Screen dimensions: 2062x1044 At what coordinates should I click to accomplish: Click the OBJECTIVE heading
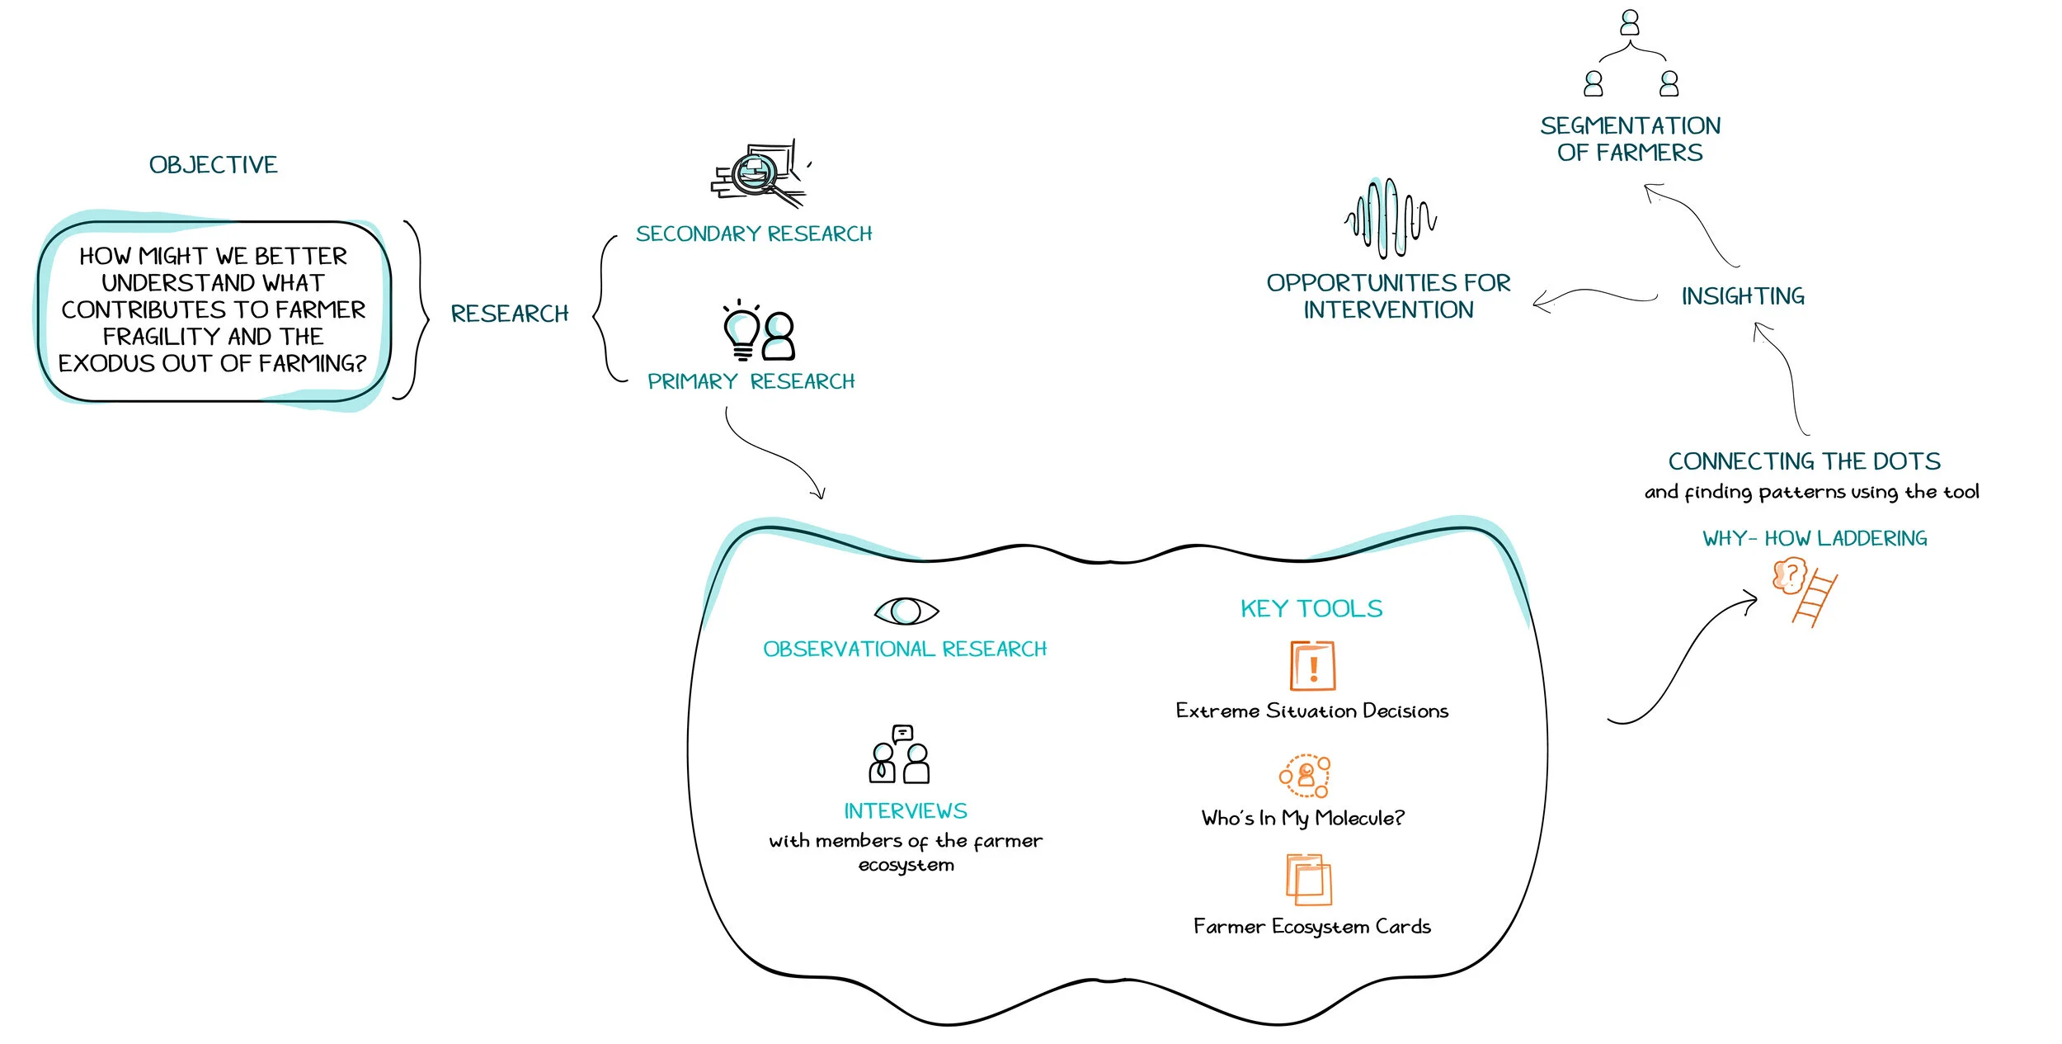(x=213, y=165)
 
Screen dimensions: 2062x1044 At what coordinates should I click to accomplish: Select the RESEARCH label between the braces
(x=510, y=314)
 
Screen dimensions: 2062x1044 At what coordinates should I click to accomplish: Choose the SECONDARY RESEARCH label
(x=754, y=234)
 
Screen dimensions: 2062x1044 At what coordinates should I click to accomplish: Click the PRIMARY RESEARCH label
(x=751, y=381)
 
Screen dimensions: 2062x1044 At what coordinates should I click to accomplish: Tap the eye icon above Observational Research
(x=906, y=611)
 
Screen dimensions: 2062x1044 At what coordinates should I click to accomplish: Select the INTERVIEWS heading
(x=905, y=811)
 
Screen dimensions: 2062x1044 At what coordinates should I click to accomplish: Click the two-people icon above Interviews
(x=899, y=755)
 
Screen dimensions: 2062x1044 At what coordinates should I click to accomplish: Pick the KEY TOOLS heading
(x=1311, y=609)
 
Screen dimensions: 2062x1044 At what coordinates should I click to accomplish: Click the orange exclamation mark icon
(x=1312, y=666)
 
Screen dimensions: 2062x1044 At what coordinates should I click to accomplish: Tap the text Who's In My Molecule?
(x=1303, y=818)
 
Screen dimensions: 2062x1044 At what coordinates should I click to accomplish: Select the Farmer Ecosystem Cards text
(x=1311, y=927)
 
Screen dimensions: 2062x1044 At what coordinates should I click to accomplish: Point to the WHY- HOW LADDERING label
(x=1815, y=539)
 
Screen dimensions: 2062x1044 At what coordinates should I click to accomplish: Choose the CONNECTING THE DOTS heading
(x=1804, y=461)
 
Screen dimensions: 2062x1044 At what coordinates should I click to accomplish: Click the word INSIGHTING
(x=1743, y=296)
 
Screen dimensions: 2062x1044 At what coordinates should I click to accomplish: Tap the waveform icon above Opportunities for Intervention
(x=1391, y=219)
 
